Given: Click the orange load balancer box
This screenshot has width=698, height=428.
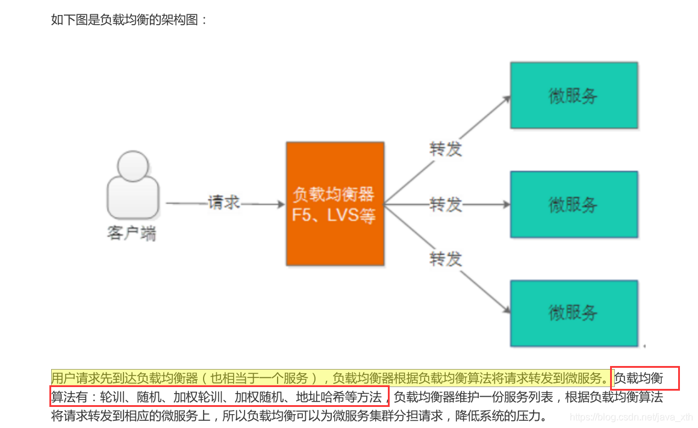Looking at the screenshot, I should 335,203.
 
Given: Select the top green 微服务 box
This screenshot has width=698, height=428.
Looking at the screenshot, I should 573,95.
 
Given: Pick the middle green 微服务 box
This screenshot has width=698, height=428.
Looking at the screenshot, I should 573,204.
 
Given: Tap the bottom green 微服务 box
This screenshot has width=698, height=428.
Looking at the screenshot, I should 573,312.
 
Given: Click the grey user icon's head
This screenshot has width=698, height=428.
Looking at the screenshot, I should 132,167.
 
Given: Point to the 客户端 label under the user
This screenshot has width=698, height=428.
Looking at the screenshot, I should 132,234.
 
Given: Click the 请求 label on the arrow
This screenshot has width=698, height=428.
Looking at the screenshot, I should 224,202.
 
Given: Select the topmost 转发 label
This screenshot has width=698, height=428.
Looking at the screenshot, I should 446,149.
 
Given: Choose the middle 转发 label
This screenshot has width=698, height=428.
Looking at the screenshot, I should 446,204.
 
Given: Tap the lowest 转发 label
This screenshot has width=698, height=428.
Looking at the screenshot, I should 446,259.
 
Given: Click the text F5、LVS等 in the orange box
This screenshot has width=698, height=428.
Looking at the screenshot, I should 334,216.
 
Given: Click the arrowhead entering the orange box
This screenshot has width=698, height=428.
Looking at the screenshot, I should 281,204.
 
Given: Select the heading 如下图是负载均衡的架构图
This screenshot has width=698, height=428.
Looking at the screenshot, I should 129,19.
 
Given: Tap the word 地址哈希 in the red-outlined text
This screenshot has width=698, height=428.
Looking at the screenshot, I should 316,397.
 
